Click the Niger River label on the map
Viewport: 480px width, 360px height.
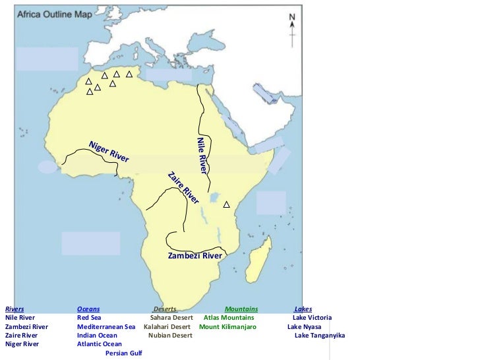pos(109,152)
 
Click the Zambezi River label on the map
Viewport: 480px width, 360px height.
pos(195,256)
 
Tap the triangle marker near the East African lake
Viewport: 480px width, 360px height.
pos(226,205)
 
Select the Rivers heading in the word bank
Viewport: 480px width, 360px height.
pos(15,309)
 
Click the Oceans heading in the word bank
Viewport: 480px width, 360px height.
pos(88,309)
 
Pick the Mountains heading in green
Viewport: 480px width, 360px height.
pos(241,309)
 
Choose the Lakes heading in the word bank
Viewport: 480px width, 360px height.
pos(303,309)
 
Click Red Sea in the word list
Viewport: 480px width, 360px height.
pos(89,318)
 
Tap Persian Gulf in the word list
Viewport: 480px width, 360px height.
pos(123,353)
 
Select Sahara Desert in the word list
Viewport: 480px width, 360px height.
pos(171,318)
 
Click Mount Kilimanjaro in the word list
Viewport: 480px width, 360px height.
pos(227,326)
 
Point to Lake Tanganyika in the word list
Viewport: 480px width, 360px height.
pos(319,336)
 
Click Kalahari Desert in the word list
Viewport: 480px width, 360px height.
pos(167,326)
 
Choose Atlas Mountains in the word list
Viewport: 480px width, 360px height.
pos(228,318)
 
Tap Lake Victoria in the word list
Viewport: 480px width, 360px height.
pos(312,318)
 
